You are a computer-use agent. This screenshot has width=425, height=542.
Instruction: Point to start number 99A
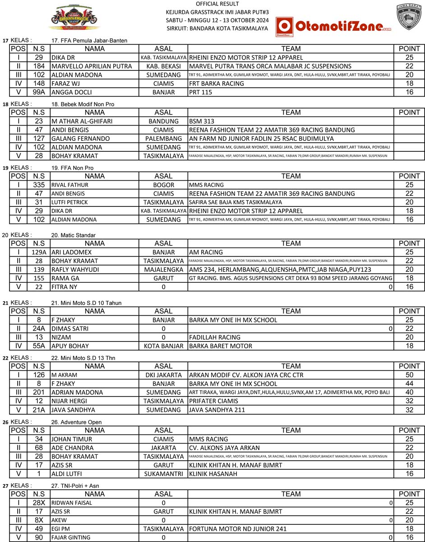39,92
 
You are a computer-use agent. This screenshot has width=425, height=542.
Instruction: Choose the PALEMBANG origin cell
163,139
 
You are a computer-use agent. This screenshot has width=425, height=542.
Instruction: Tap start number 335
39,185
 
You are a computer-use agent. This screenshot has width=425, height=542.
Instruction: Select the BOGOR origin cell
163,185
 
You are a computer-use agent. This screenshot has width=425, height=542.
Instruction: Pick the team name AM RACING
206,252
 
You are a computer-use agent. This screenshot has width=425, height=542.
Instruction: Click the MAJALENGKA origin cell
163,270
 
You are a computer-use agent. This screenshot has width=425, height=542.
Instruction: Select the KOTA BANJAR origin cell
163,346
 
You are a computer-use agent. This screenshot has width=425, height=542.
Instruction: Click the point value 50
409,375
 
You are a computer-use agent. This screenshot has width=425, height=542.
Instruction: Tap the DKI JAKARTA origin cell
163,375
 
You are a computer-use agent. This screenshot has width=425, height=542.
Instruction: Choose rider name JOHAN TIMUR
72,439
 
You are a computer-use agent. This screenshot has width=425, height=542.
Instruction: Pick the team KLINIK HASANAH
210,474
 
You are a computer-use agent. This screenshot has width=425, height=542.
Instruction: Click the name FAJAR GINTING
71,537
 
